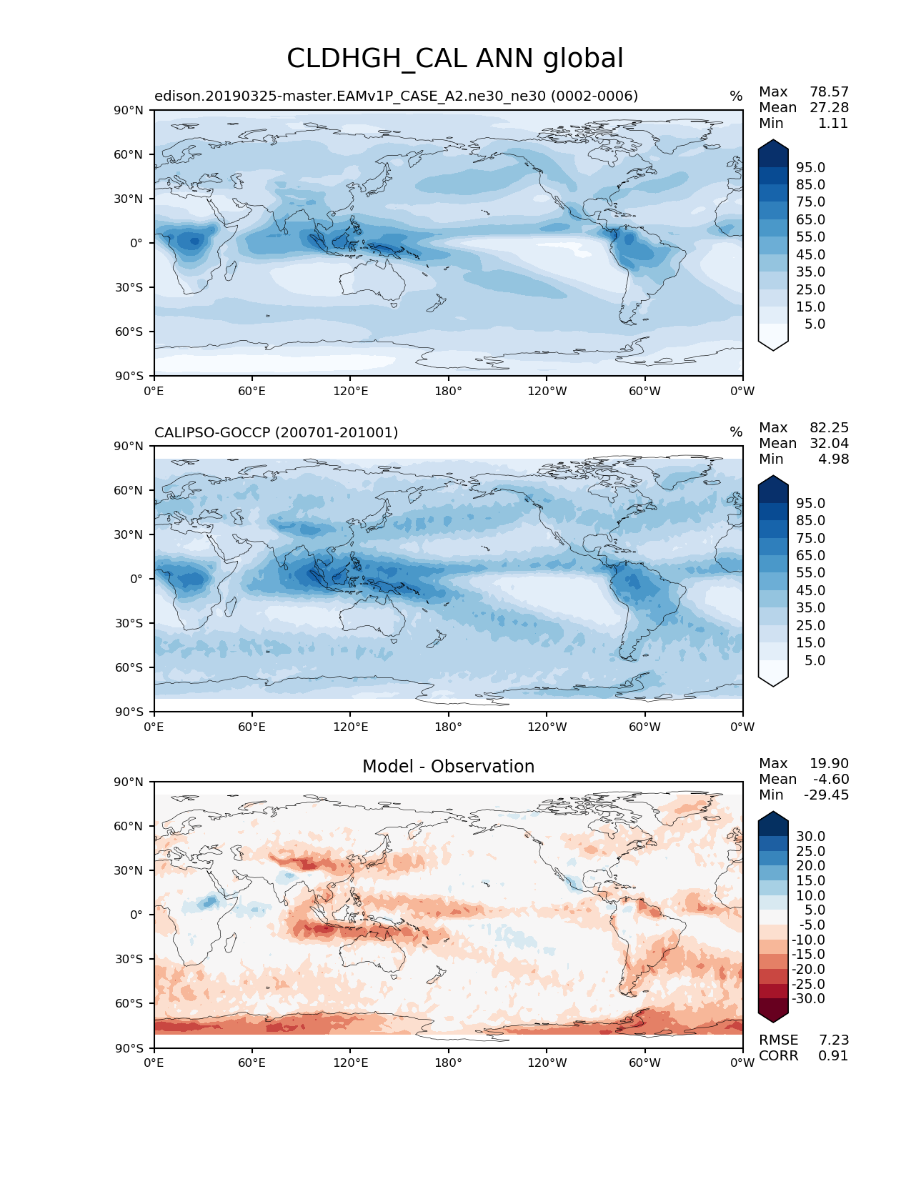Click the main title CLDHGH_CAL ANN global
tap(455, 59)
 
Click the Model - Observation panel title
tap(448, 767)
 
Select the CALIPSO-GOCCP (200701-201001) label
tap(277, 432)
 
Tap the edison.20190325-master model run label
tap(396, 96)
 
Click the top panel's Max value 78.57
tap(829, 92)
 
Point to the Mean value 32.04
tap(829, 444)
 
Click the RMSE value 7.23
tap(833, 1040)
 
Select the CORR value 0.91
tap(833, 1056)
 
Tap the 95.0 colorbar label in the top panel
tap(810, 167)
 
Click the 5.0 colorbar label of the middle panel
tap(815, 660)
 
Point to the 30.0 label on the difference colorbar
tap(810, 836)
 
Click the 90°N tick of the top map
tap(129, 110)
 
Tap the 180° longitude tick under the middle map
tap(448, 727)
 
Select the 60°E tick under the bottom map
tap(252, 1063)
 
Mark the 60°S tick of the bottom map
tap(129, 1003)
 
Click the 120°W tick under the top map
tap(547, 392)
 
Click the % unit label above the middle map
tap(736, 432)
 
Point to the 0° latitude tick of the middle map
tap(136, 579)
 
